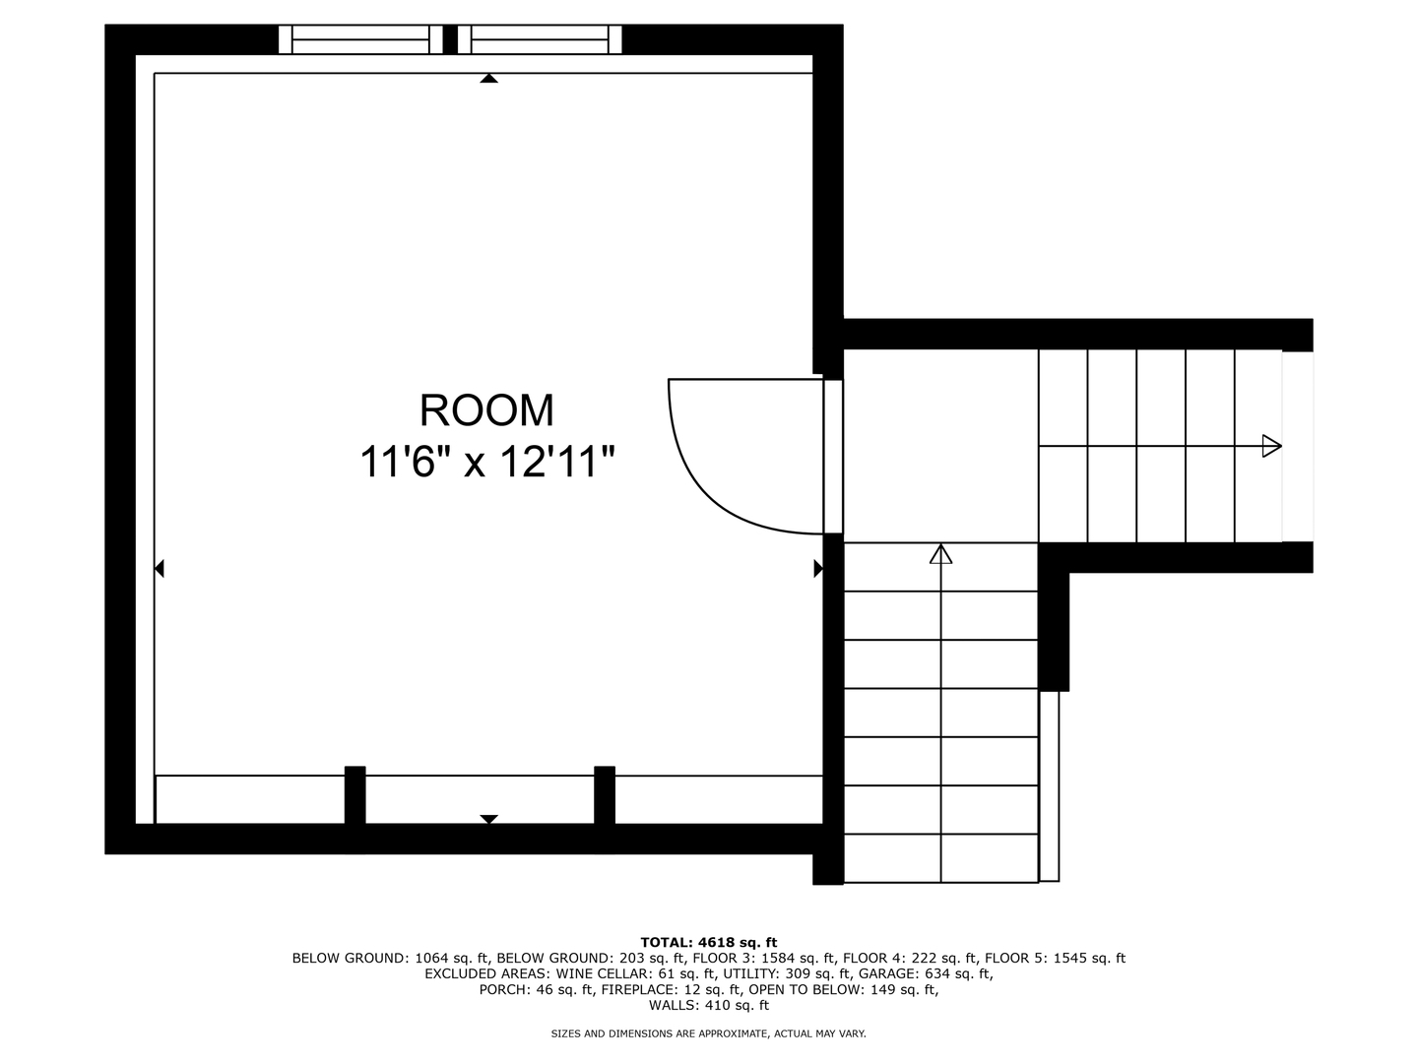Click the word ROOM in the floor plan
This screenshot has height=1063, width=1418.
click(x=486, y=410)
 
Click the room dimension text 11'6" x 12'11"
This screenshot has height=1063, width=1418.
click(x=486, y=462)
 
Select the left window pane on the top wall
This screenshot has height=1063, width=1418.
click(x=360, y=39)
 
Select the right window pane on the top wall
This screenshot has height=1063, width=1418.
click(x=540, y=39)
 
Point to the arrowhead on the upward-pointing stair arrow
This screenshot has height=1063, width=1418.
click(x=940, y=554)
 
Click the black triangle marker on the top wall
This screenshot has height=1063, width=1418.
click(x=489, y=78)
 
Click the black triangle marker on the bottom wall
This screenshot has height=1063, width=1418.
click(x=489, y=819)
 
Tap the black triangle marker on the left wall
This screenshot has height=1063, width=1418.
click(x=159, y=569)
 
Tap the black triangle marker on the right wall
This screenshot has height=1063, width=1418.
click(x=818, y=569)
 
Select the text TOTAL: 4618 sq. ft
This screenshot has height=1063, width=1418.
click(x=709, y=943)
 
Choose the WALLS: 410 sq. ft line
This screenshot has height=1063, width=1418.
click(x=709, y=1005)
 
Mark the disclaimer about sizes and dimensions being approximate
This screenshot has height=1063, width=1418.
click(x=709, y=1033)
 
